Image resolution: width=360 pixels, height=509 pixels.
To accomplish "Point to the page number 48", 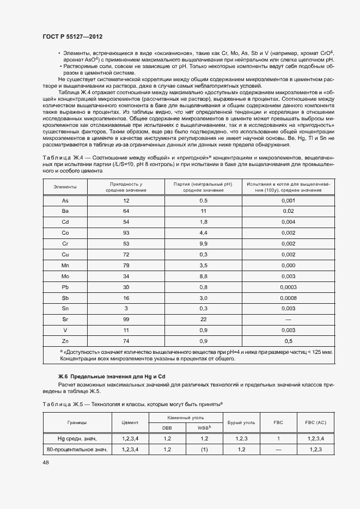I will (x=45, y=462).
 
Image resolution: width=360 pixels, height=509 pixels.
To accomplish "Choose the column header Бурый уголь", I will (x=241, y=422).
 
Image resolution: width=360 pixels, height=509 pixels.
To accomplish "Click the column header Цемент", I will (x=130, y=422).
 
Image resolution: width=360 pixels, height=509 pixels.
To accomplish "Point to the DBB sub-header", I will (x=167, y=427).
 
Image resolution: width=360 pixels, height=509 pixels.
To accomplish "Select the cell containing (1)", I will (x=204, y=450).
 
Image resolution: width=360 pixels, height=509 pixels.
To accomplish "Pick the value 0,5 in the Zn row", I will (x=288, y=341).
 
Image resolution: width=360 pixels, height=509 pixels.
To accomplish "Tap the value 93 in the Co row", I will (x=126, y=232).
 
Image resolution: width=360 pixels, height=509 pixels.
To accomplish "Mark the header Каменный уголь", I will (x=185, y=416).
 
